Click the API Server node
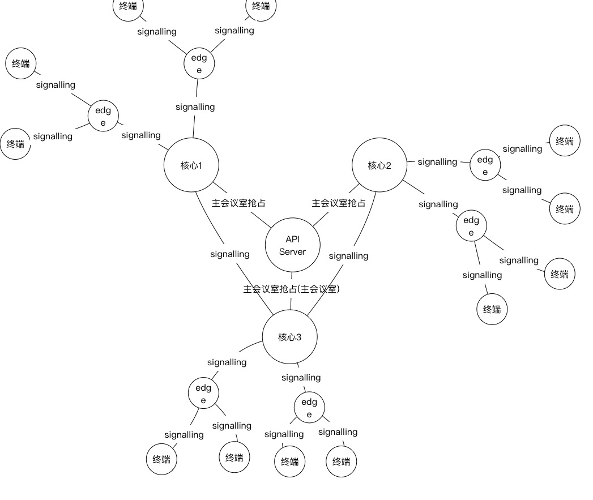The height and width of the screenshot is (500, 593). click(x=292, y=246)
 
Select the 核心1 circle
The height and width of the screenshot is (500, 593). click(x=191, y=165)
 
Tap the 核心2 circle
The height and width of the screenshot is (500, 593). click(x=379, y=165)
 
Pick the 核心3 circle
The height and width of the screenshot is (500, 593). click(x=289, y=337)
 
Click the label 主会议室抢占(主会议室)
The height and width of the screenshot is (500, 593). click(x=291, y=289)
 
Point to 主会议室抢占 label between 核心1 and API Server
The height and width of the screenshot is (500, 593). click(x=238, y=203)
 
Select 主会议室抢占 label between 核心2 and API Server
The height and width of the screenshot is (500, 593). click(x=339, y=203)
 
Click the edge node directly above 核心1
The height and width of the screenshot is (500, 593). click(x=199, y=63)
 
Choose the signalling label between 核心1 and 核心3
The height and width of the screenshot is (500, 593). click(x=229, y=254)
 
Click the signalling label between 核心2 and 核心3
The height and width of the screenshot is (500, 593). click(x=348, y=256)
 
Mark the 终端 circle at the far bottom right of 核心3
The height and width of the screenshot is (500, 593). click(x=342, y=461)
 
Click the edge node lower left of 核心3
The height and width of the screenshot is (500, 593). click(x=203, y=394)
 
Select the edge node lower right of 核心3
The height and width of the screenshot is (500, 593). click(x=309, y=408)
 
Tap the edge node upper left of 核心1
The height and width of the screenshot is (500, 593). click(x=103, y=116)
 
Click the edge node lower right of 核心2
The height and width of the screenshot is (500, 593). click(x=471, y=226)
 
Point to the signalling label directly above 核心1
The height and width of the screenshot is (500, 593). click(x=195, y=106)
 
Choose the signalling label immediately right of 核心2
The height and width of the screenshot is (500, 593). click(x=437, y=162)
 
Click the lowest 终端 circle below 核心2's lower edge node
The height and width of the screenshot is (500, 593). click(x=492, y=309)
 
